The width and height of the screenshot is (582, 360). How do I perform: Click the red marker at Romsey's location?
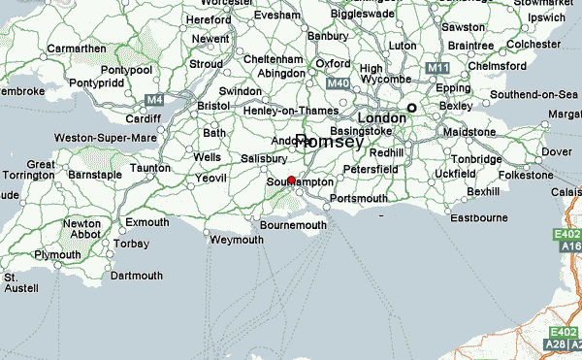tap(292, 180)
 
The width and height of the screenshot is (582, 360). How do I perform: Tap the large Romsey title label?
tap(329, 142)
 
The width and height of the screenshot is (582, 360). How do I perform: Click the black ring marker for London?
tap(411, 108)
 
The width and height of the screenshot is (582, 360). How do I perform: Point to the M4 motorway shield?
tap(153, 99)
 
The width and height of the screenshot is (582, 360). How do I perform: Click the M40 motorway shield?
tap(337, 84)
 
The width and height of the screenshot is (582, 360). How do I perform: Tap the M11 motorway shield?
tap(436, 69)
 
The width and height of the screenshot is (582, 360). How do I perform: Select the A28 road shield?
tap(556, 344)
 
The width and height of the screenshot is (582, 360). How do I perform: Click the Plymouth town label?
tap(57, 254)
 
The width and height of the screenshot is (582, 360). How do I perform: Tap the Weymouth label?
tap(236, 240)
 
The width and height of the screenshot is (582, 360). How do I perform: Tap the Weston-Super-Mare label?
tap(105, 138)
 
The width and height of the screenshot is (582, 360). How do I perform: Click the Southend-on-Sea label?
tap(533, 94)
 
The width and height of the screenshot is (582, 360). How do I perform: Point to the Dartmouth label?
tap(137, 276)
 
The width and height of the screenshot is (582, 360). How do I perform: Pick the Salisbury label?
tap(265, 158)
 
